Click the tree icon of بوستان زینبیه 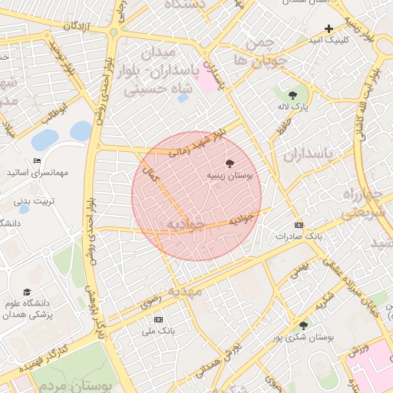tap(229, 163)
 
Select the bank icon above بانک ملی tap(159, 319)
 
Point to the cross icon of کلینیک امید tap(329, 28)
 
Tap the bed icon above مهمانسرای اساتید tap(36, 161)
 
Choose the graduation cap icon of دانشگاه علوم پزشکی tap(28, 292)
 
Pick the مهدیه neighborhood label tap(185, 292)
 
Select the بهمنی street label tap(298, 269)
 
